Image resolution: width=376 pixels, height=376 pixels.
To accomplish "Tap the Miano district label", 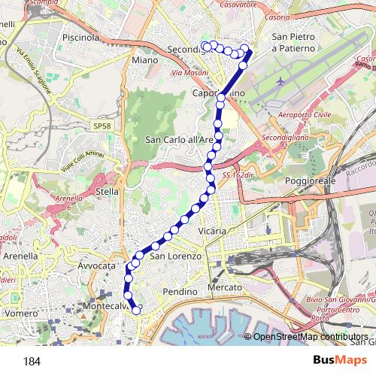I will tap(144, 59).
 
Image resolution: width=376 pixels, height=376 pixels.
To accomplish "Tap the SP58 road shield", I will tap(102, 123).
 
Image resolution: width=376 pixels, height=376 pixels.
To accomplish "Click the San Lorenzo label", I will tap(176, 256).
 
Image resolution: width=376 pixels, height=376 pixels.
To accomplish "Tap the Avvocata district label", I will tap(96, 266).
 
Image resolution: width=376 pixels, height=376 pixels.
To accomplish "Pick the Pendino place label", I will tap(179, 291).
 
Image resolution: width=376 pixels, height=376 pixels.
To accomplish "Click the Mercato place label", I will tap(226, 288).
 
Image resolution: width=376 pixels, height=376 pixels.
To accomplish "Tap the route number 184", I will tap(32, 362).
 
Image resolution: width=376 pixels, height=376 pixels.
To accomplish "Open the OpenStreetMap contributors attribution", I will tap(310, 337).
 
